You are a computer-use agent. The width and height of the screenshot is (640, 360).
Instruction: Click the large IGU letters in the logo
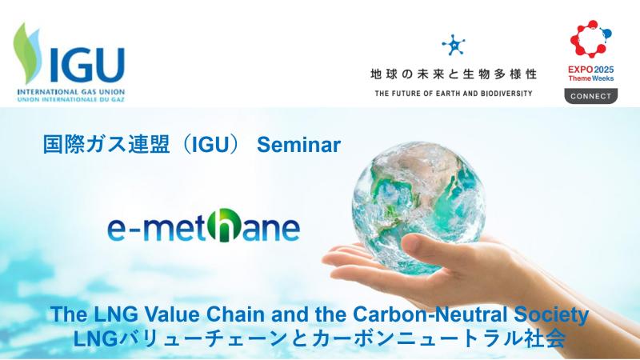pos(87,66)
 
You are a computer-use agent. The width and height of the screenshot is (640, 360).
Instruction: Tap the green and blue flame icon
pos(29,53)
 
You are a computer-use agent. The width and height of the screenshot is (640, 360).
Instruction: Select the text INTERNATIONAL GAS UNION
pos(71,92)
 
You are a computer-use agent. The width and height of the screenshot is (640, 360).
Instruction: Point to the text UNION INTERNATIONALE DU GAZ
pos(71,99)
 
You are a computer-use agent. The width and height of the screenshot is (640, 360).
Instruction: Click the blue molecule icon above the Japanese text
pos(454,45)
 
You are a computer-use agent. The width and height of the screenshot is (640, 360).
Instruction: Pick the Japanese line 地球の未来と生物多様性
pos(454,74)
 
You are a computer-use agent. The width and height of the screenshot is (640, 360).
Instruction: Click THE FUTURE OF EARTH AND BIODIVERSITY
pos(454,94)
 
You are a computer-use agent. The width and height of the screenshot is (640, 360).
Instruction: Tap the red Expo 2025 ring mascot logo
pos(590,38)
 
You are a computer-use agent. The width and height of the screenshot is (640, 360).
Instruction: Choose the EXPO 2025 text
pos(590,70)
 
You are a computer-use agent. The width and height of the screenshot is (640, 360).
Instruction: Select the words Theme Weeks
pos(591,78)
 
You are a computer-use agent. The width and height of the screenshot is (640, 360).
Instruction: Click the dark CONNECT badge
pos(591,96)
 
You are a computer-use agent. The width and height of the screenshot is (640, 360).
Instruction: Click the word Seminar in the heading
pos(298,145)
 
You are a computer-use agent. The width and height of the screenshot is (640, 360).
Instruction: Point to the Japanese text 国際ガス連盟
pos(106,145)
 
